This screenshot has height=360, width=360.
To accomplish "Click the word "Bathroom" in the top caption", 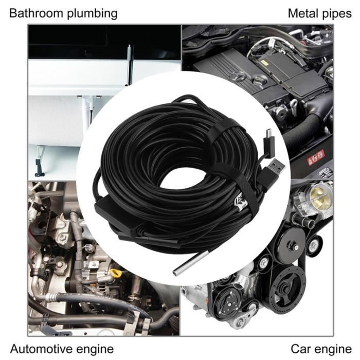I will tap(34, 13).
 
